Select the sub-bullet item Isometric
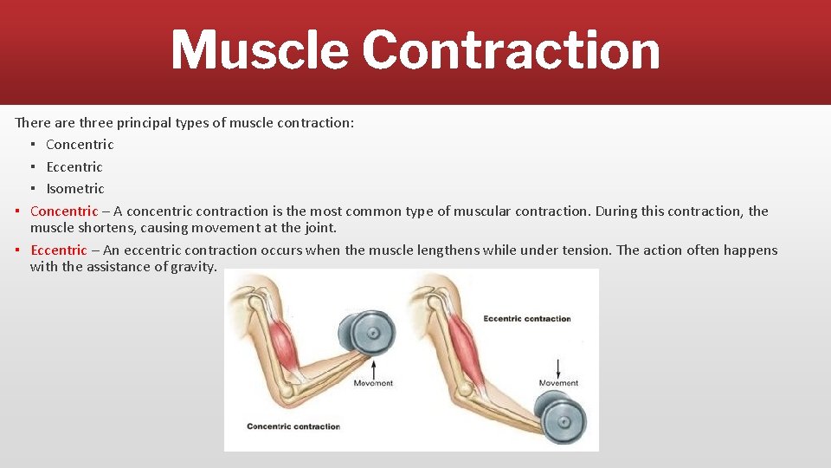pyautogui.click(x=75, y=188)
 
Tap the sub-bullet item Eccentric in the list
pyautogui.click(x=74, y=166)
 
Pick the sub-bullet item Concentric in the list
pyautogui.click(x=80, y=144)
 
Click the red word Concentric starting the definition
pyautogui.click(x=64, y=211)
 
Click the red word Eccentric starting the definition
pyautogui.click(x=59, y=250)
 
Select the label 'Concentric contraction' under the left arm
pyautogui.click(x=293, y=426)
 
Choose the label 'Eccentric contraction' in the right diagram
pyautogui.click(x=526, y=318)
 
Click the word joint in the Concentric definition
pyautogui.click(x=318, y=227)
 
